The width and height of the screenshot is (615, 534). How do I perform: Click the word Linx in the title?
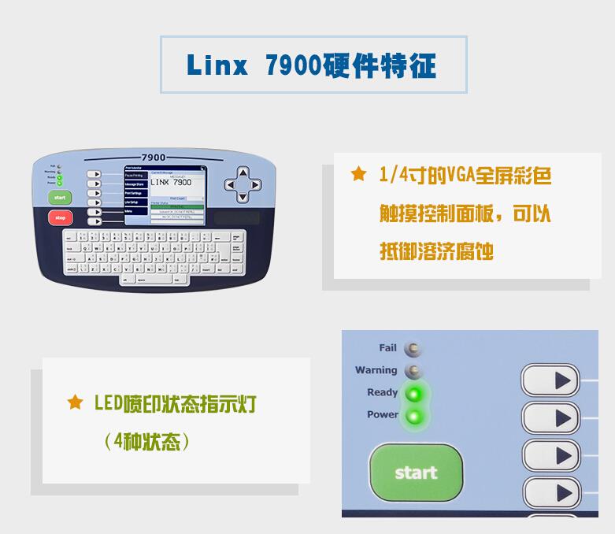[216, 65]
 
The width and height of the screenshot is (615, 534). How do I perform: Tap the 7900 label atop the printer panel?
[154, 158]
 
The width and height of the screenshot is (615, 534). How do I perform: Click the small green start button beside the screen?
[60, 197]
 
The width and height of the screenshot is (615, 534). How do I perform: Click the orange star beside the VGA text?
[358, 175]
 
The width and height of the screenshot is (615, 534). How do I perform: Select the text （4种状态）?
[147, 441]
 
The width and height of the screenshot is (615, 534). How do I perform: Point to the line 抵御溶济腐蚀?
[436, 252]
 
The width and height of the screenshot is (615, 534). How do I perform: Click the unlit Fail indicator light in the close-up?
[413, 348]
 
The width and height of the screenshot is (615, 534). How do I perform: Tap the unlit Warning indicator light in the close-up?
[413, 371]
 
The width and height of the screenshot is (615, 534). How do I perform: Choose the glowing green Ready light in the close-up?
[413, 393]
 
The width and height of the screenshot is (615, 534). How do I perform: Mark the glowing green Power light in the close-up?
[413, 416]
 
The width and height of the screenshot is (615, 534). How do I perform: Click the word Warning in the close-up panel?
[376, 370]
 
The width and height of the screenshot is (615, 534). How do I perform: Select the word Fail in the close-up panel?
[387, 347]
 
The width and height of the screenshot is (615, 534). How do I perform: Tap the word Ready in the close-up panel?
[382, 392]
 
